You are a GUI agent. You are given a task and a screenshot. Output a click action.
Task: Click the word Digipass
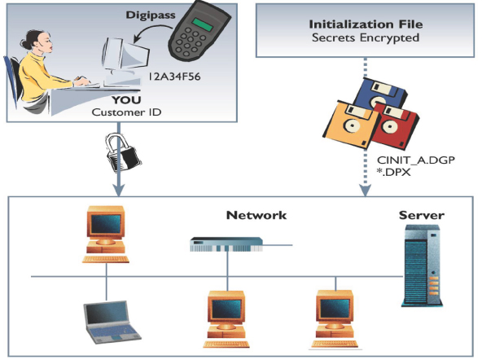pyautogui.click(x=151, y=15)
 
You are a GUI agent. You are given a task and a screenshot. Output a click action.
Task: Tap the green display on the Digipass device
pyautogui.click(x=202, y=24)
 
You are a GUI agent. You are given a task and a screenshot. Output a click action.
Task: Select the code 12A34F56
pyautogui.click(x=174, y=77)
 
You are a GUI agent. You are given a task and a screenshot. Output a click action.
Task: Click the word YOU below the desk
pyautogui.click(x=126, y=100)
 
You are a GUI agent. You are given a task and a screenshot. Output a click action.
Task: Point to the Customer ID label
pyautogui.click(x=126, y=112)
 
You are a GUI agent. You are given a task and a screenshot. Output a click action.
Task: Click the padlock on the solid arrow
pyautogui.click(x=122, y=151)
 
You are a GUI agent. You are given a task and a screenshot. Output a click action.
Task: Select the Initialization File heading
pyautogui.click(x=366, y=24)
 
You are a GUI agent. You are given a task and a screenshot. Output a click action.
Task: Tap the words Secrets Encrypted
pyautogui.click(x=366, y=37)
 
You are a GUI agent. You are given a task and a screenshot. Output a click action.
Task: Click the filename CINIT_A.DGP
pyautogui.click(x=416, y=160)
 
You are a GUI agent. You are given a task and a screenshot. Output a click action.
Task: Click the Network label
pyautogui.click(x=256, y=215)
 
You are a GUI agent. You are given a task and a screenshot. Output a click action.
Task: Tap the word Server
pyautogui.click(x=422, y=215)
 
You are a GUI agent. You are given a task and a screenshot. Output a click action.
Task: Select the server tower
pyautogui.click(x=422, y=266)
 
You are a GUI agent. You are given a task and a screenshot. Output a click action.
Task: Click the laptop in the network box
pyautogui.click(x=112, y=323)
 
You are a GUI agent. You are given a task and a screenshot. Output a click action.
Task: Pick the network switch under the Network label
pyautogui.click(x=226, y=244)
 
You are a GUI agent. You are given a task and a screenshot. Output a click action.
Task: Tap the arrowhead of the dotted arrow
pyautogui.click(x=366, y=191)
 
